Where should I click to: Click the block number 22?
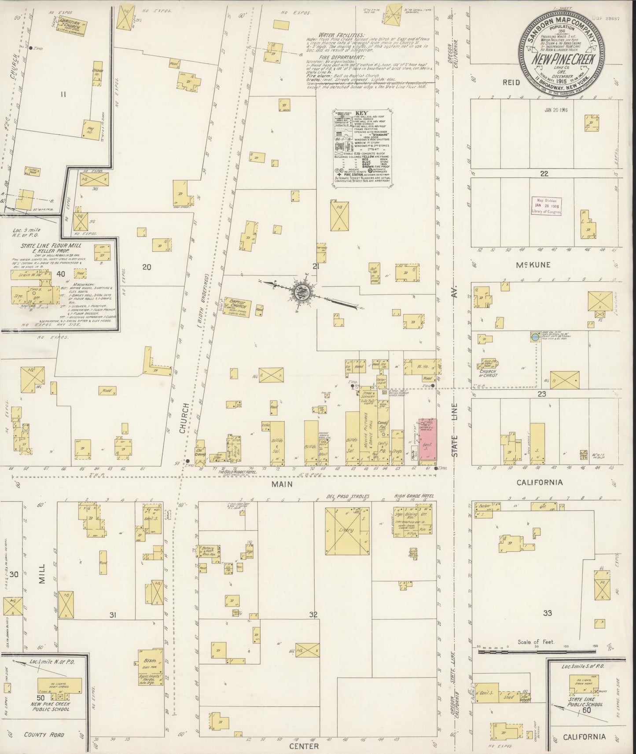tap(544, 173)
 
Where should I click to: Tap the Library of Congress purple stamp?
tap(546, 206)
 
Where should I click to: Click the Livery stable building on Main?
tap(347, 530)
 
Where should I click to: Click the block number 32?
tap(313, 615)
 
